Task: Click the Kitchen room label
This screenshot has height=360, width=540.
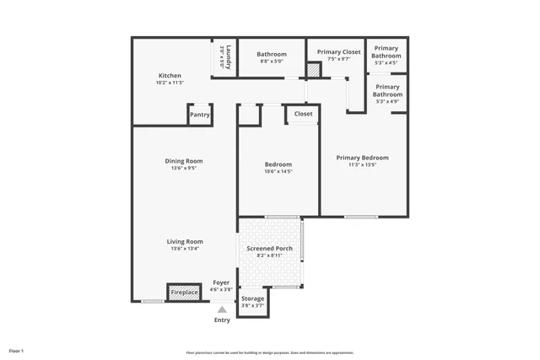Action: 170,75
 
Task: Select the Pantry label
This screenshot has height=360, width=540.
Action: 200,115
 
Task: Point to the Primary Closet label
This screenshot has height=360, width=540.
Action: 338,52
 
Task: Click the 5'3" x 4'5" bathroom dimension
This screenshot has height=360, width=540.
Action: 386,62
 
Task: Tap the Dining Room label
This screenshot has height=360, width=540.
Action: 183,161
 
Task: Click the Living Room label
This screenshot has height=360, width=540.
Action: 183,241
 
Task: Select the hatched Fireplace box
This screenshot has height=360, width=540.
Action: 184,293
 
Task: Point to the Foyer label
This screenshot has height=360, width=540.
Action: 221,282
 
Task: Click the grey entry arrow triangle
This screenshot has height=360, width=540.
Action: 222,309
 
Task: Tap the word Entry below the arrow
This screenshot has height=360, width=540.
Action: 222,320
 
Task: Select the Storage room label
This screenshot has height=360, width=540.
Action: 253,298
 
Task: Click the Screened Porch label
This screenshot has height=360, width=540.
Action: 270,249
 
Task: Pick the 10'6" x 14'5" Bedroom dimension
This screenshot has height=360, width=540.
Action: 278,172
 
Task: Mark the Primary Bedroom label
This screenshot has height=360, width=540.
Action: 362,158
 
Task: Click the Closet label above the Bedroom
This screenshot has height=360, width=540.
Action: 303,114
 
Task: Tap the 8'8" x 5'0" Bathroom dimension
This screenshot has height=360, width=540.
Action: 272,61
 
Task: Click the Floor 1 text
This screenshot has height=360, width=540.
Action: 17,351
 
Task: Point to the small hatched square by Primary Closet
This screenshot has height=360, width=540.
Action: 313,73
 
